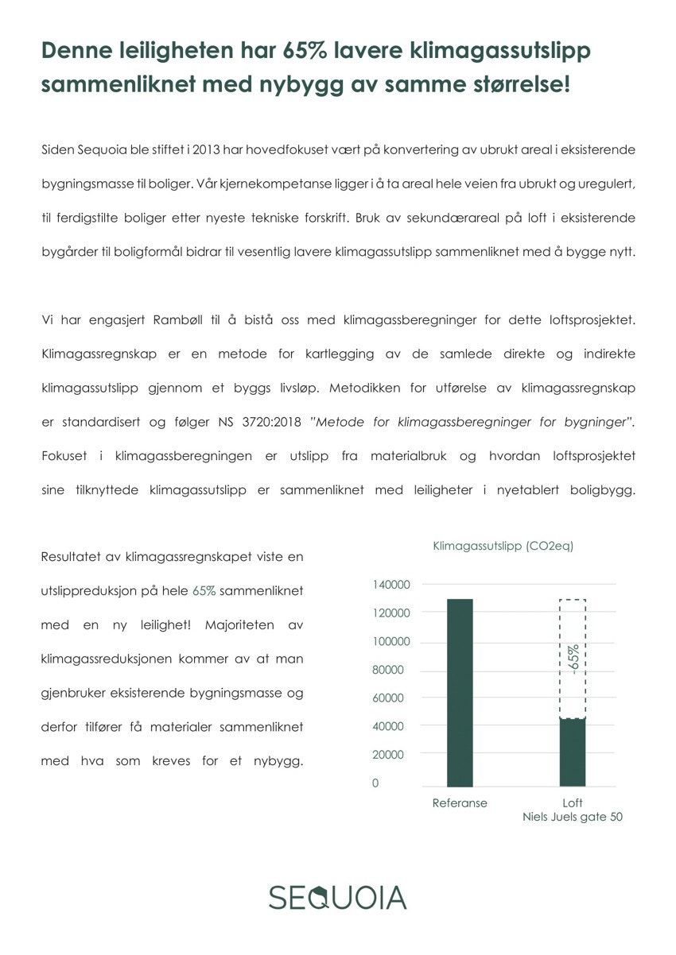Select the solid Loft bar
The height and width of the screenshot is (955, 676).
click(x=573, y=752)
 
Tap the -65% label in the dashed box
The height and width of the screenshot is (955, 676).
click(x=573, y=659)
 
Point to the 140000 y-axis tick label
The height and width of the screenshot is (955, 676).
click(x=390, y=585)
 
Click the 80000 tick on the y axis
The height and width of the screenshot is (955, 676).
click(x=387, y=670)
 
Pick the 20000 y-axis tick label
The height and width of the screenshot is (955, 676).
click(x=387, y=755)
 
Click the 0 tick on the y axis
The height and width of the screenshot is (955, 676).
click(x=375, y=783)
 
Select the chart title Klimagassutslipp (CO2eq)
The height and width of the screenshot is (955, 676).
click(x=503, y=547)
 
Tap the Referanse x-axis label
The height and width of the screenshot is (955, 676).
click(x=460, y=803)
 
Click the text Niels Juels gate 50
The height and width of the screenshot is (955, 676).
click(x=573, y=818)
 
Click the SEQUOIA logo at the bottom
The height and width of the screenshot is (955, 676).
click(x=337, y=896)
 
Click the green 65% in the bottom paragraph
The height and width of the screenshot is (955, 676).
click(x=204, y=592)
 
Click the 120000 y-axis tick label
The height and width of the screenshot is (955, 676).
click(x=390, y=613)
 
